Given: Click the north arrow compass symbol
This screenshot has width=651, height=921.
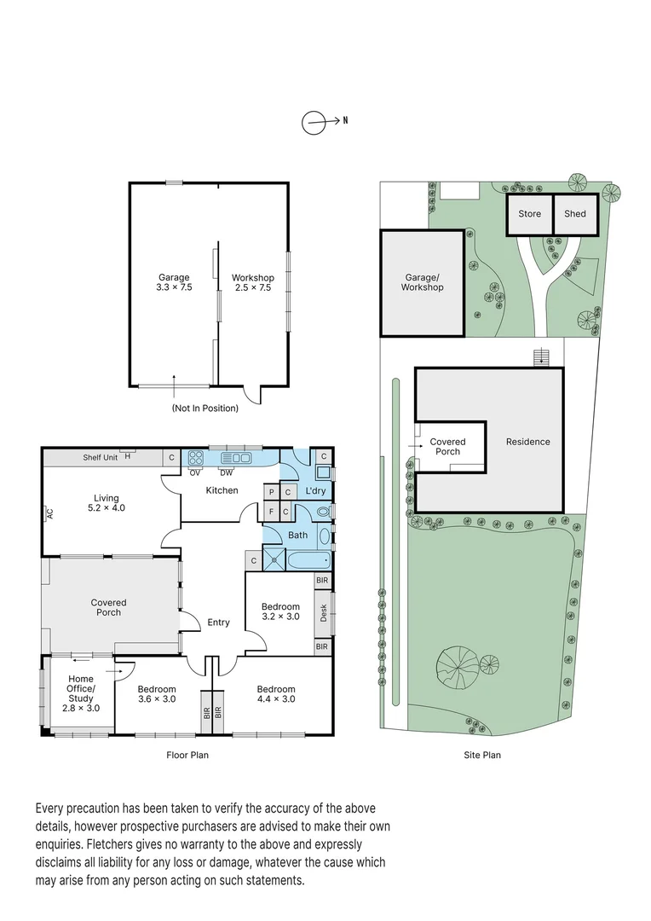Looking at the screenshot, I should click(314, 123).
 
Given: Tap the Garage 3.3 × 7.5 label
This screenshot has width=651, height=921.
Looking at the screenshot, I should click(174, 282).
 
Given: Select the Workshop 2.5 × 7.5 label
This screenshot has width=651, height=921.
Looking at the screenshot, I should click(253, 282).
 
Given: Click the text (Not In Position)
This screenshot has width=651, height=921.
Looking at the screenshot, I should click(205, 408).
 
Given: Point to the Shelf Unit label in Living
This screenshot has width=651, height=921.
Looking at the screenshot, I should click(100, 458).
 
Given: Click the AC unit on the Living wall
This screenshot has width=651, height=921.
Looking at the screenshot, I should click(49, 513).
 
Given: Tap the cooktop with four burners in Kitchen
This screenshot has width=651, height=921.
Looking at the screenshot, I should click(194, 458).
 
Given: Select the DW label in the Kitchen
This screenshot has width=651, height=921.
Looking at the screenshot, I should click(227, 472).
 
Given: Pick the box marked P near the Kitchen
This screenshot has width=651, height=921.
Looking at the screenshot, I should click(271, 492).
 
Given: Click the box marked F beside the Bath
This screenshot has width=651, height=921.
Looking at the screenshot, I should click(271, 511).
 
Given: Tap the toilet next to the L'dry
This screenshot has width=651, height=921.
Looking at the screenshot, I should click(323, 512).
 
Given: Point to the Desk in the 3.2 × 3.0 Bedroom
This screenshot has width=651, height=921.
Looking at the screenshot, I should click(322, 612).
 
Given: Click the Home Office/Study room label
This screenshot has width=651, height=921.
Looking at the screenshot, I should click(81, 693).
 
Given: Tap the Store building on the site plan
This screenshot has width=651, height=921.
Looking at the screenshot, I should click(529, 213).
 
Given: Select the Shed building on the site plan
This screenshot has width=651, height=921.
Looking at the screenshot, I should click(575, 213).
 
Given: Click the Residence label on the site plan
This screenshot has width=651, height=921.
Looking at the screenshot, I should click(528, 442).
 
